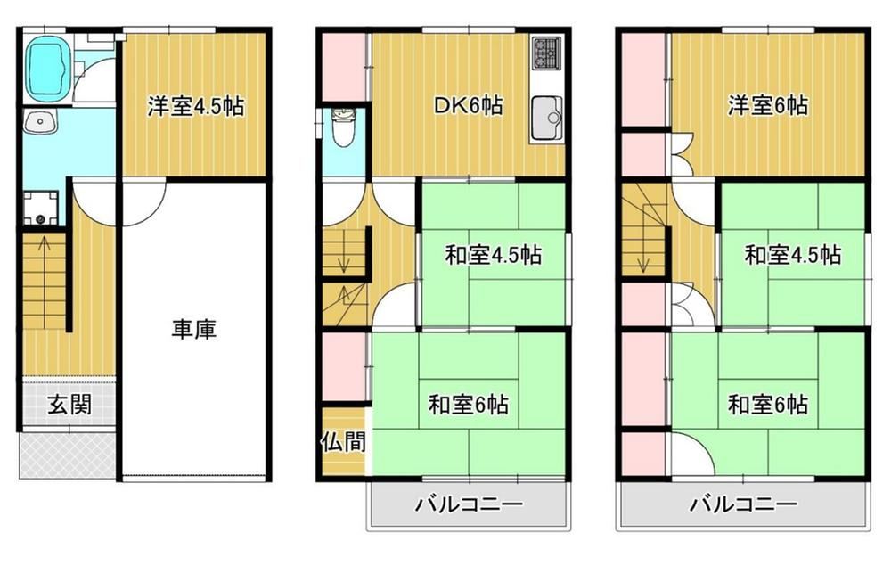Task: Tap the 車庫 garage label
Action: click(x=194, y=330)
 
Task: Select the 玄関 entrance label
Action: click(x=69, y=405)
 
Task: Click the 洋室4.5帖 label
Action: click(x=196, y=106)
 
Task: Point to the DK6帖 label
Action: click(x=468, y=106)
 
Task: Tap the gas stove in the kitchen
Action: click(x=547, y=51)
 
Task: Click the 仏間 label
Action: click(x=343, y=441)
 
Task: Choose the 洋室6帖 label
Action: click(x=768, y=106)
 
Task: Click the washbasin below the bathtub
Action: click(x=40, y=121)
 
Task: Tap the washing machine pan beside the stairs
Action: click(x=41, y=208)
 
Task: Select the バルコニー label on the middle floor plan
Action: click(x=469, y=504)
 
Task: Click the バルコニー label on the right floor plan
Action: click(x=743, y=504)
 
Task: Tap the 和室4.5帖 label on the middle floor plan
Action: click(x=493, y=255)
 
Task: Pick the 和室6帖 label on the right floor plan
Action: click(x=768, y=406)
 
